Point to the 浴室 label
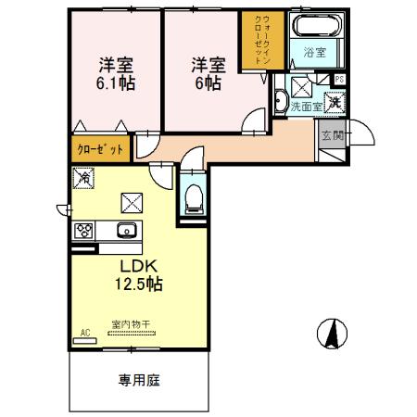pos(315,53)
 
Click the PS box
pos(339,80)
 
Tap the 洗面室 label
pos(306,107)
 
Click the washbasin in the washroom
pos(281,101)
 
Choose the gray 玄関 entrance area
pos(331,140)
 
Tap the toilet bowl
pos(194,197)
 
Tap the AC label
pos(84,331)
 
